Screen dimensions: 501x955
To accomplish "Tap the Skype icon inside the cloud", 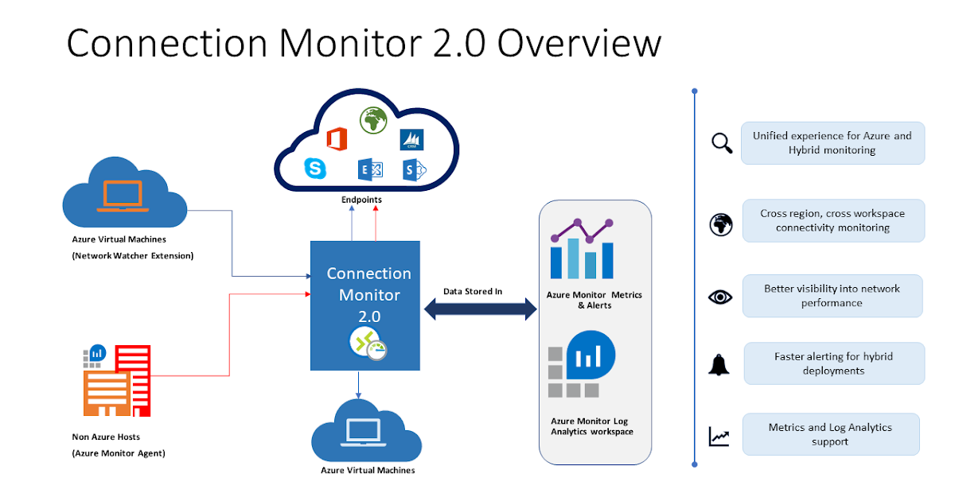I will (x=315, y=169).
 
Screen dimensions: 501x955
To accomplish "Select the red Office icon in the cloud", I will (x=337, y=137).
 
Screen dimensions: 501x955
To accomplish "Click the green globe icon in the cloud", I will (x=372, y=121).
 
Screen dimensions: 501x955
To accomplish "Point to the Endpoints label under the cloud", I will (x=362, y=200).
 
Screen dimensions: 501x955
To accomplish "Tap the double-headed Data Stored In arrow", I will (x=481, y=309).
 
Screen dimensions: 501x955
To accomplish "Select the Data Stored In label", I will (x=473, y=291).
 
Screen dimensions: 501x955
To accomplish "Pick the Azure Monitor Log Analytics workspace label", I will (x=592, y=426).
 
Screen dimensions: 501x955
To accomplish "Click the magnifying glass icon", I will (x=721, y=143).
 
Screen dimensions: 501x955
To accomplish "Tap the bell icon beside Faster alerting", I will (x=719, y=364).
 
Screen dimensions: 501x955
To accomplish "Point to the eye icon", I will (x=720, y=297).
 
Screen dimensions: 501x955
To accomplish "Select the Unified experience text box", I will (x=832, y=143).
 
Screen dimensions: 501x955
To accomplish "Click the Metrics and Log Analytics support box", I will (x=830, y=434).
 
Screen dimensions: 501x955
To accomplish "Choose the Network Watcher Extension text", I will (x=132, y=255).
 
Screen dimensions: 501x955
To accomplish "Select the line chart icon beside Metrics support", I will (x=719, y=437).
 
